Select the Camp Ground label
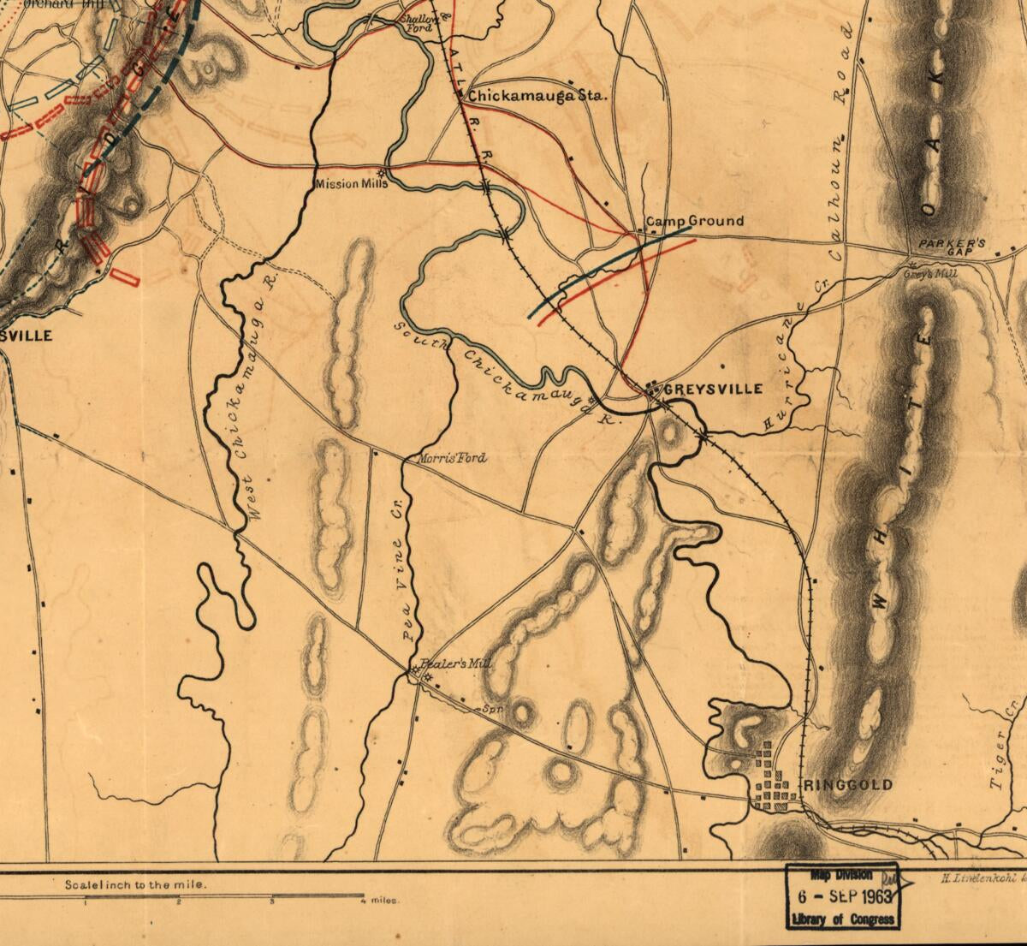tap(694, 222)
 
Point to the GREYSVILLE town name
tap(713, 389)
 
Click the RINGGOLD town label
tap(848, 785)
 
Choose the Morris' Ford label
tap(450, 459)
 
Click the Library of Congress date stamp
tap(843, 897)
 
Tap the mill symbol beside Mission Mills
tap(380, 172)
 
